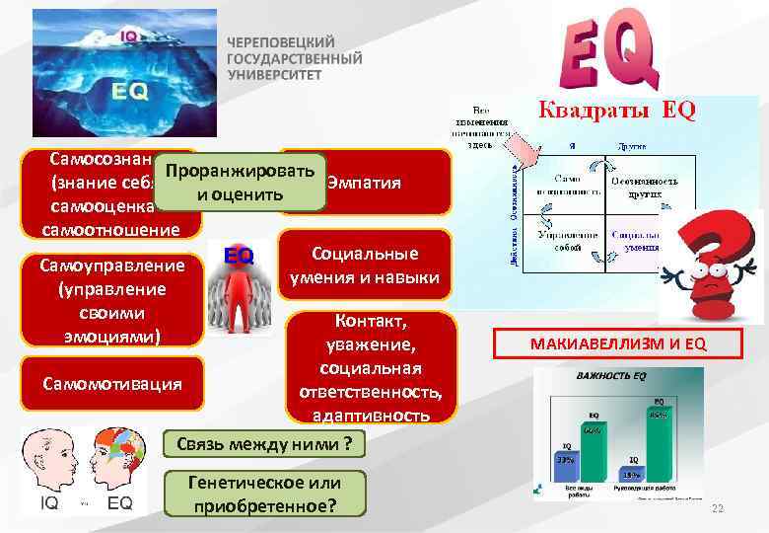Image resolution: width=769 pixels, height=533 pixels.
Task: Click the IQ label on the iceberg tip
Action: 129,38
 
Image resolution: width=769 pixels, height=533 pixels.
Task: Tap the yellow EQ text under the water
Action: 129,91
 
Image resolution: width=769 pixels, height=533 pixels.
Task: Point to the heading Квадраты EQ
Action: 615,111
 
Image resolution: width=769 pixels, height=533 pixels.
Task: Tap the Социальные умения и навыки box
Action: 365,266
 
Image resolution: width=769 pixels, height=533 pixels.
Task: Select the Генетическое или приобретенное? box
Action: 265,494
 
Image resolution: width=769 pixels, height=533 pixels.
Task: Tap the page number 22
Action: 717,508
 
